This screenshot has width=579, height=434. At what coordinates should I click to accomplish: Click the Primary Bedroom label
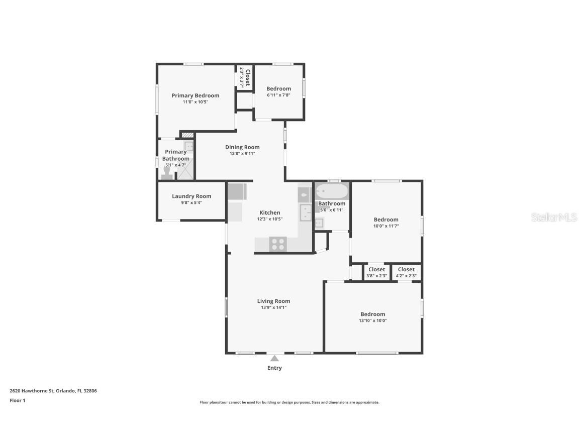click(196, 95)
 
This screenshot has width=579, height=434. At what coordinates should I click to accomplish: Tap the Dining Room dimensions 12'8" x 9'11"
click(242, 154)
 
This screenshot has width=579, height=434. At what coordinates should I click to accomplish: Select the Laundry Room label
click(191, 196)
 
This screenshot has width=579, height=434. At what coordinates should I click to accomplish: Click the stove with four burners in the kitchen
click(277, 244)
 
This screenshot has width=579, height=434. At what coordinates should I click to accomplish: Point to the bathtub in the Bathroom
click(332, 191)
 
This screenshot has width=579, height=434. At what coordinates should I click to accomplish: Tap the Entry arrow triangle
click(274, 358)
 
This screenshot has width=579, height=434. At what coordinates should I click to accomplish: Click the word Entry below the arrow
click(274, 368)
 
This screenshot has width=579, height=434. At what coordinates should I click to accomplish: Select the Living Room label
click(273, 301)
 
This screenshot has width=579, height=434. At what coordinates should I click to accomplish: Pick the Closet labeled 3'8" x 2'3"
click(376, 272)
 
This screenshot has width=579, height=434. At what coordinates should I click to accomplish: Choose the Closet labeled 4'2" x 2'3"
click(406, 272)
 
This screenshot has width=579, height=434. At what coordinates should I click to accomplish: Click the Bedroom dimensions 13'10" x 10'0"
click(372, 320)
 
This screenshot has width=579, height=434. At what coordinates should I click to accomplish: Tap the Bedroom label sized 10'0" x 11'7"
click(386, 220)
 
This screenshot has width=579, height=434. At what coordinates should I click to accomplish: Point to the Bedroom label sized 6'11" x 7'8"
click(278, 89)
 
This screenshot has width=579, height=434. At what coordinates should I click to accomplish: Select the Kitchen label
click(269, 212)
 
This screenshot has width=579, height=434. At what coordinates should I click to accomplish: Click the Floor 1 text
click(17, 400)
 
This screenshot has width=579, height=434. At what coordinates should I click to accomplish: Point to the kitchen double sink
click(306, 212)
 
